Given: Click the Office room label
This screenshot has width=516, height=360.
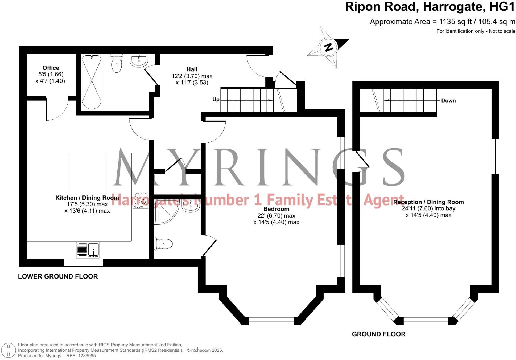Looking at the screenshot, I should [51, 68].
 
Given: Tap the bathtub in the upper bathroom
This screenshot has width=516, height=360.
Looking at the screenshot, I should [92, 82].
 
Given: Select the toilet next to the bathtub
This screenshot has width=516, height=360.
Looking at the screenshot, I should [117, 63].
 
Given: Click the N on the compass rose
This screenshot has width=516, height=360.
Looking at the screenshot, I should [328, 47].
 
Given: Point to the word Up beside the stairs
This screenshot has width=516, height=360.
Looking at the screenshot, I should [216, 100].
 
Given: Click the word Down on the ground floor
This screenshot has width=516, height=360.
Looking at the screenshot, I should [448, 101].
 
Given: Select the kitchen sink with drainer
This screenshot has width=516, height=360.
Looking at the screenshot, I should [88, 250].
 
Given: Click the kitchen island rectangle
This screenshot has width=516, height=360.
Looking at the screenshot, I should [88, 173].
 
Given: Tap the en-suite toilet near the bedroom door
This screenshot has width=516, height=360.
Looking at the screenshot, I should [164, 244].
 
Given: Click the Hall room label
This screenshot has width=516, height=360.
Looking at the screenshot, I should [192, 69].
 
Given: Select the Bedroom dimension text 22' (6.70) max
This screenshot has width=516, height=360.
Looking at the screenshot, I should [276, 216].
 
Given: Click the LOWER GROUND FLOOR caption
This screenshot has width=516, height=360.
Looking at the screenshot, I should [58, 276].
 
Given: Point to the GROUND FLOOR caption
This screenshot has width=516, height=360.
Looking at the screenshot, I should [378, 334].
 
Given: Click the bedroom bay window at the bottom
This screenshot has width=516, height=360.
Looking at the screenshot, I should [271, 321].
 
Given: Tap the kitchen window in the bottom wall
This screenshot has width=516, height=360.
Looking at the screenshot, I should [84, 263].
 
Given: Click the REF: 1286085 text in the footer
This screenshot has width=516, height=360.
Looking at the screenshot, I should [81, 356].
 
